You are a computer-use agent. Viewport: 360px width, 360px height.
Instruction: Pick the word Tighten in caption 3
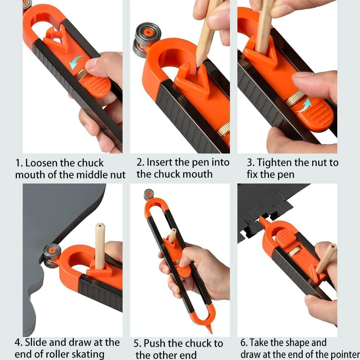click(x=274, y=163)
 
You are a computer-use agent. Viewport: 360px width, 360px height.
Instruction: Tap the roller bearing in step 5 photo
click(x=148, y=194)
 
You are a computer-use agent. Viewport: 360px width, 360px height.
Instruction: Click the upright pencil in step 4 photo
click(x=100, y=245)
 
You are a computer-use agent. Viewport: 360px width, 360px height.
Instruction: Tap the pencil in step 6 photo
click(x=326, y=258)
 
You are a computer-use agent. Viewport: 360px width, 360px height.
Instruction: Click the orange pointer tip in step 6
click(x=261, y=220)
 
